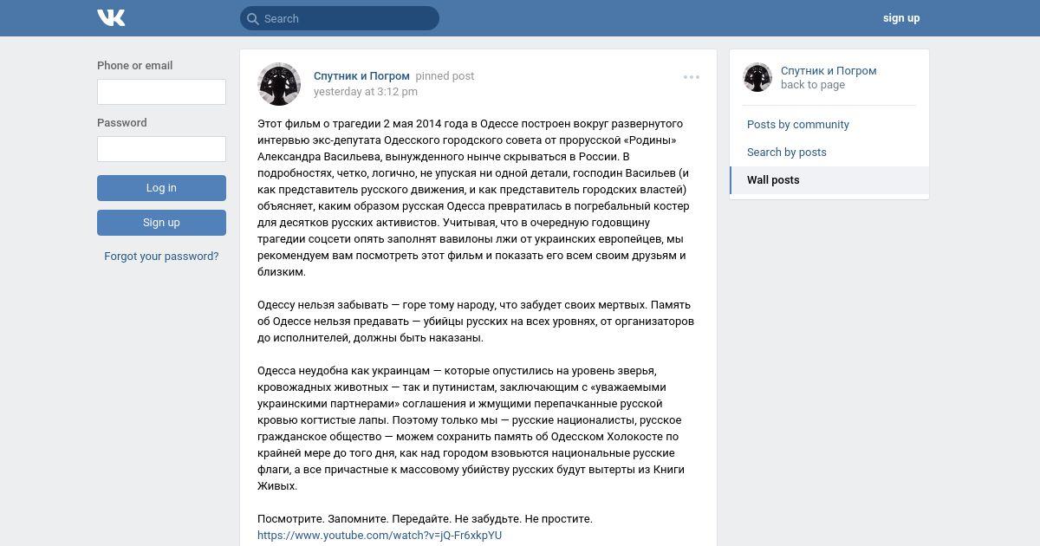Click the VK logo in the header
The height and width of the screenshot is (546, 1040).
(111, 17)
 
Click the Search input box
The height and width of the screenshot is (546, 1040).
(347, 18)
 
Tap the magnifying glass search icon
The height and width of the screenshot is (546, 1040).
(252, 18)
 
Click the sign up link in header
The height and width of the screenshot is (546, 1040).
(901, 18)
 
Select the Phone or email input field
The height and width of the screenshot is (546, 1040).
(161, 92)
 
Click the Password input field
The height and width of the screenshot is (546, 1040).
(161, 149)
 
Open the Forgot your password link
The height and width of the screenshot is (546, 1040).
(161, 257)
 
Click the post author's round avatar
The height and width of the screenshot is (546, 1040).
(279, 84)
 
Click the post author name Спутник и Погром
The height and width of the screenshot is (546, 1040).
(361, 76)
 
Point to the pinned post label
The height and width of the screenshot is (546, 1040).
(445, 76)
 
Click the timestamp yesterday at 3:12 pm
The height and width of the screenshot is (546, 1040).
(366, 92)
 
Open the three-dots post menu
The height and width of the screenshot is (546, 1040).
(692, 77)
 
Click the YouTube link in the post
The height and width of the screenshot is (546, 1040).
(380, 536)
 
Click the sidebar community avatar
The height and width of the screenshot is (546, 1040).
(757, 77)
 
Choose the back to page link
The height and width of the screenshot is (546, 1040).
(813, 85)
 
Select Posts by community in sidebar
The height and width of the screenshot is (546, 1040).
(798, 125)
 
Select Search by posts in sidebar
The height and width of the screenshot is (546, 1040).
(787, 153)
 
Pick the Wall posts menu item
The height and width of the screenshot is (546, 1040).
(773, 180)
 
